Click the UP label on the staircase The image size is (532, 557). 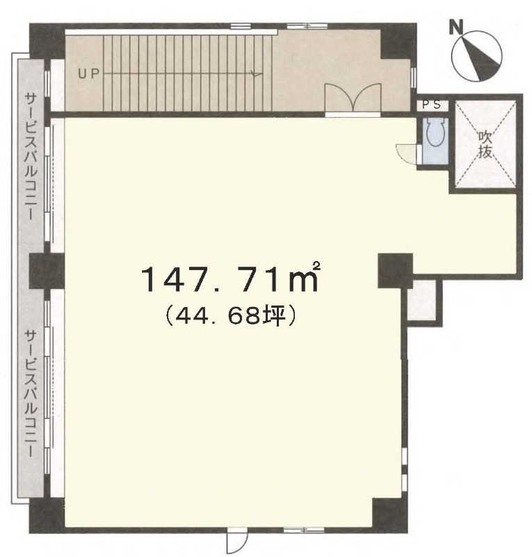(89, 74)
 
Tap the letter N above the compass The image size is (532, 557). (456, 27)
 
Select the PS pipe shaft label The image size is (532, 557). (431, 105)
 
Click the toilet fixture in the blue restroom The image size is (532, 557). (435, 132)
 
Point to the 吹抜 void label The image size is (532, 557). (485, 144)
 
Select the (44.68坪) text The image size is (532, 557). (231, 316)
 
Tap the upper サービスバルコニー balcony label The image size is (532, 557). (31, 155)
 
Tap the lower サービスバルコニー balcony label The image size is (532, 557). (31, 393)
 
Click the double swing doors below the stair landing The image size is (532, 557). (353, 97)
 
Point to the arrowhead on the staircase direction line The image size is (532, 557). (256, 74)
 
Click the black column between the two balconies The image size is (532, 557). (47, 271)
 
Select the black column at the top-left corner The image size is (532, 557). (47, 41)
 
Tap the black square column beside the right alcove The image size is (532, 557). (396, 270)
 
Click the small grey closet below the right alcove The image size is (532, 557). (421, 300)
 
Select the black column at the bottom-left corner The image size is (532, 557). (47, 515)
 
